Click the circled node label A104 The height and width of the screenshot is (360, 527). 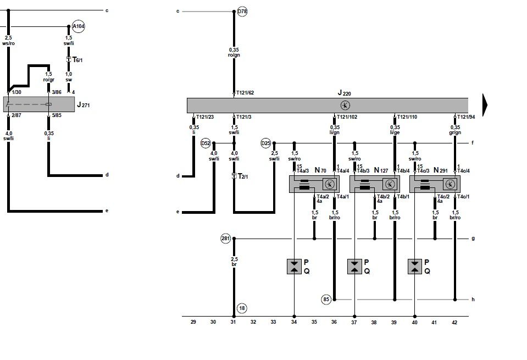coord(78,26)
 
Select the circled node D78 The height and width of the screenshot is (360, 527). coord(242,11)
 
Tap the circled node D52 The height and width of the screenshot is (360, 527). coord(206,143)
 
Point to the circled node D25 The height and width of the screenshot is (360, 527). coord(266,143)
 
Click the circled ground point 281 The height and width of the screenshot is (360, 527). coord(226,239)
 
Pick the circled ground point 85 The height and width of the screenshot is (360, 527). coord(326,300)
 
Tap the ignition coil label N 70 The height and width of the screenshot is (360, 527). coord(320,171)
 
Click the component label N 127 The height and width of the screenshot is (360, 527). coord(381,171)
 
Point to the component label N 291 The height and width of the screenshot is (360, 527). coord(441,171)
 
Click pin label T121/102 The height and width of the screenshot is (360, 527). coord(347,117)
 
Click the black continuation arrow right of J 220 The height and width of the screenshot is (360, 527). coord(486,104)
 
